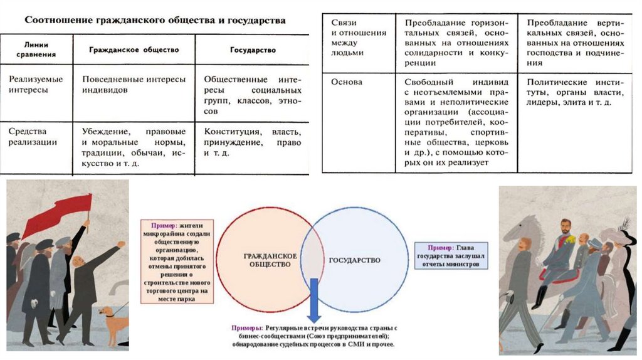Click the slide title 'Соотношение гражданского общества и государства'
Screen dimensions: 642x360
(x=155, y=20)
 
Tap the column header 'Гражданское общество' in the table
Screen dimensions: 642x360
(x=134, y=49)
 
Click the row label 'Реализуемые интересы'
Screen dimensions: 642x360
(x=35, y=85)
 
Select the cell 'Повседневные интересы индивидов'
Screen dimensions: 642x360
(x=134, y=85)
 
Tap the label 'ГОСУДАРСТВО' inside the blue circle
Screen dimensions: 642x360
(x=354, y=260)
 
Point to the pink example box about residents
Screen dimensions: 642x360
(x=176, y=262)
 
